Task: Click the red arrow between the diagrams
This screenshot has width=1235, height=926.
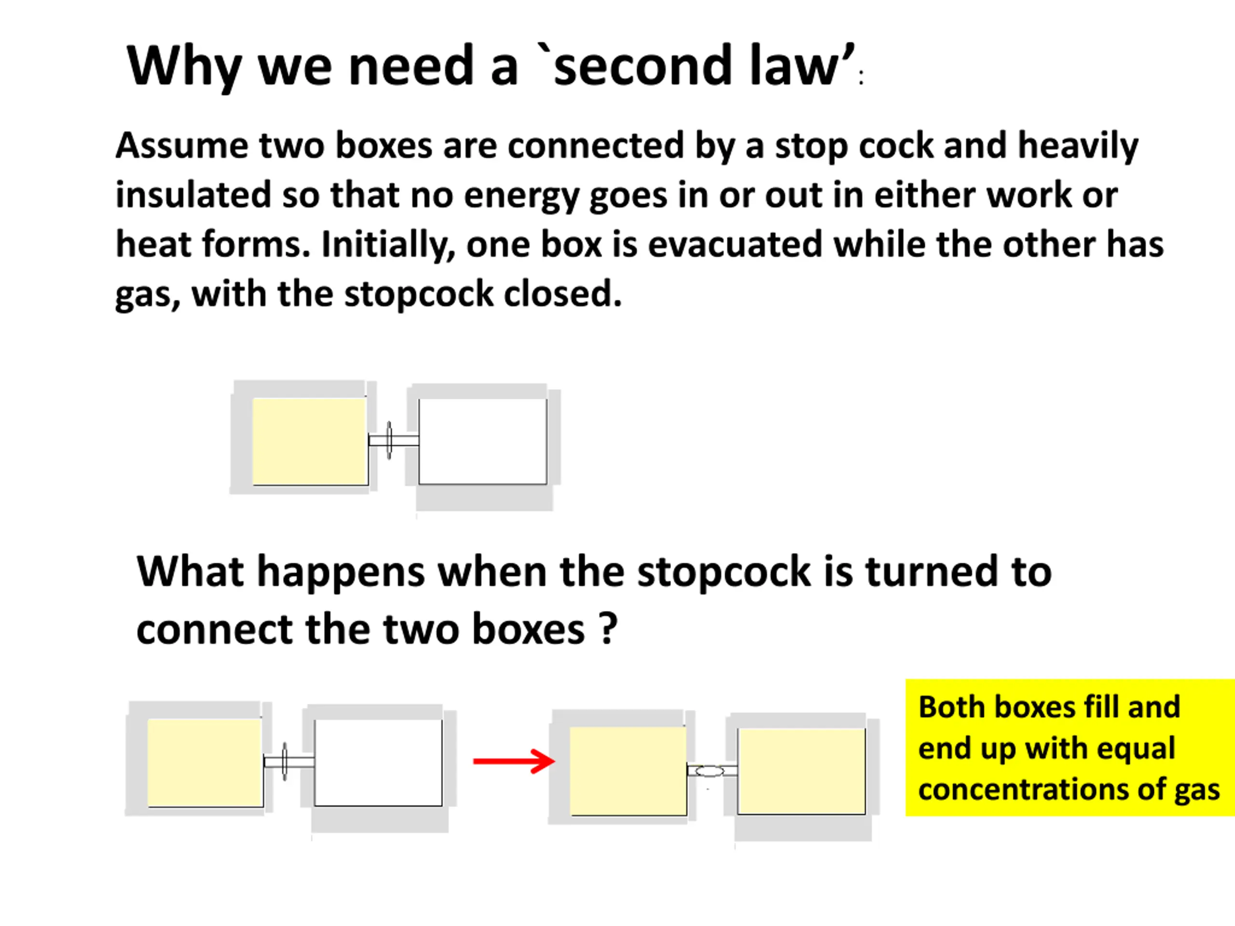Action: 514,761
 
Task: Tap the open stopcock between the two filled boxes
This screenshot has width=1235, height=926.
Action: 710,771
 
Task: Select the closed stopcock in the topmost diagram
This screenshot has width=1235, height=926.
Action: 389,440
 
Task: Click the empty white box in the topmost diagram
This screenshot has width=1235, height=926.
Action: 483,441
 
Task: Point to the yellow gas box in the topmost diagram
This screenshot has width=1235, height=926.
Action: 310,441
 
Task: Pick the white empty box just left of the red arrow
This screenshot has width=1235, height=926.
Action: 378,763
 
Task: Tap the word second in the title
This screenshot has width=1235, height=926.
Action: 642,66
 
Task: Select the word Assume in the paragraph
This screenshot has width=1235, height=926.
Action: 181,146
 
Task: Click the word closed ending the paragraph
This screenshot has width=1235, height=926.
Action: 563,294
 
